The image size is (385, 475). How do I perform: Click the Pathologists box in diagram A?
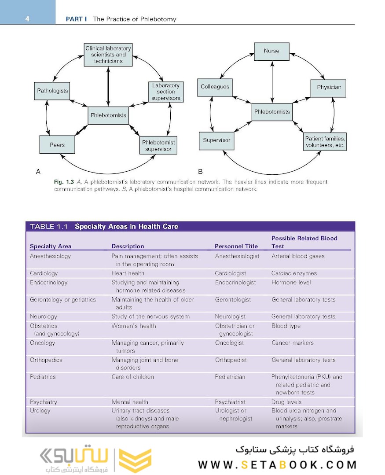52,91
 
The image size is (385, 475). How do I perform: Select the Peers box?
57,145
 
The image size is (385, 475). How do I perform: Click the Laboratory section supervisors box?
165,92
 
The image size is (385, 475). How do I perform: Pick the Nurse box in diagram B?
271,51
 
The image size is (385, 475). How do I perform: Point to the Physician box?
329,87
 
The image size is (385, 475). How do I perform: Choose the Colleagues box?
215,87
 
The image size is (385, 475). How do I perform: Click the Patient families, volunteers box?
325,142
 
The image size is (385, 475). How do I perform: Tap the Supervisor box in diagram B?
216,140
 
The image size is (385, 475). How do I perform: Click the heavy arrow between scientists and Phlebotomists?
108,86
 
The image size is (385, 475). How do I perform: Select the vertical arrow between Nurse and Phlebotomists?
272,81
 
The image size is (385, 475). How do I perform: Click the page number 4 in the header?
27,19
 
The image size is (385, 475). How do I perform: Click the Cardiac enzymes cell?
294,273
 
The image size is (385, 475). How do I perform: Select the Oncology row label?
43,343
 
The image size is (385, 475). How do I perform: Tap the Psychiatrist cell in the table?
231,402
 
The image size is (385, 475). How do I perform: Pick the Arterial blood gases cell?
298,256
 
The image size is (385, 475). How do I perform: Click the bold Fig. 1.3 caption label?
62,182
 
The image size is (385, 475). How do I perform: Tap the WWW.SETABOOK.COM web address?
277,464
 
